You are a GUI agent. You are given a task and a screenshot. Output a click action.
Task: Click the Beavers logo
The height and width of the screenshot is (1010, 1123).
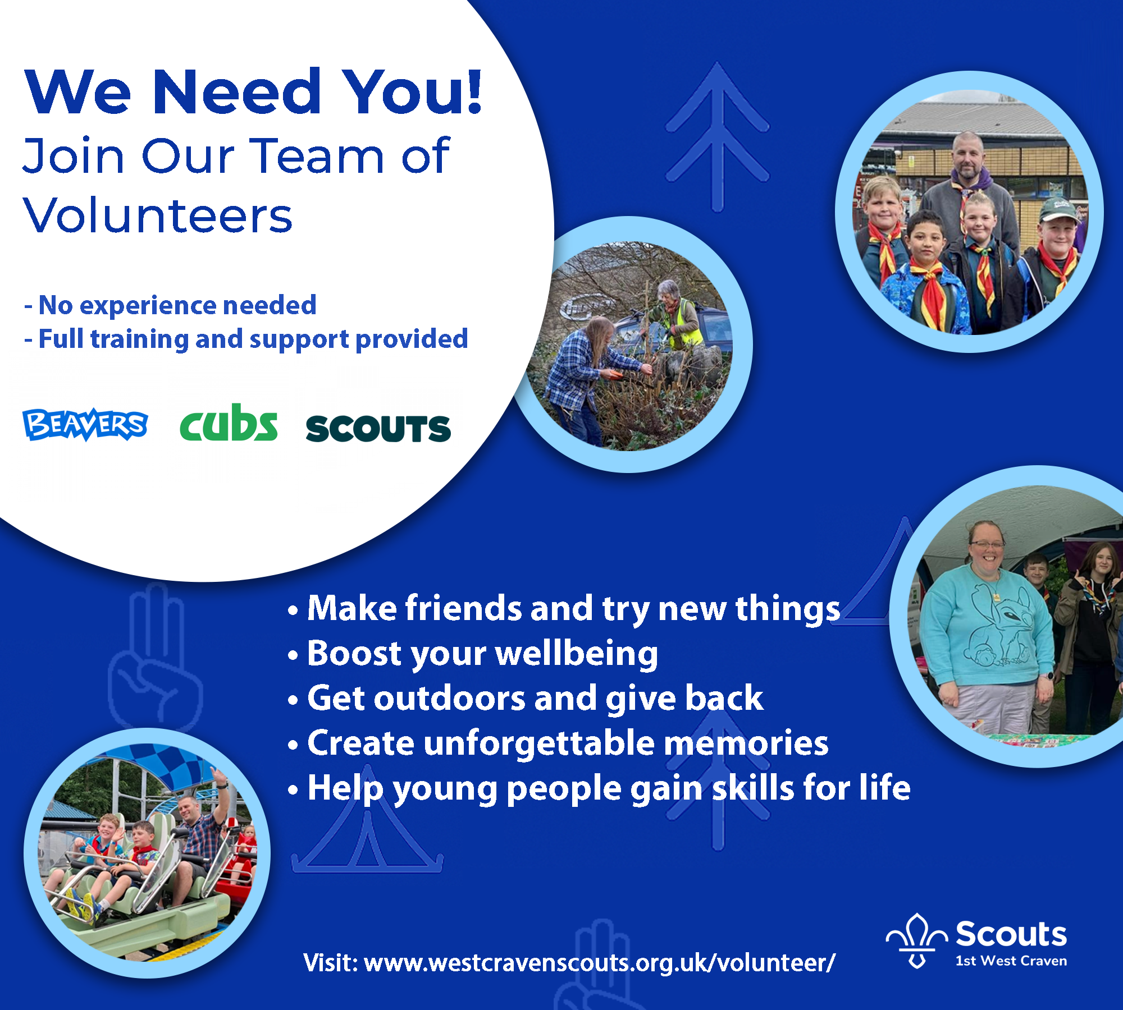click(x=85, y=424)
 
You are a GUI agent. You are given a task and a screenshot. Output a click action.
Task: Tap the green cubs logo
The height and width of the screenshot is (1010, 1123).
click(x=229, y=423)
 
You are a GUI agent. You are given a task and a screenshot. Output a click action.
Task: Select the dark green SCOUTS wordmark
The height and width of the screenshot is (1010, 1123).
click(x=378, y=429)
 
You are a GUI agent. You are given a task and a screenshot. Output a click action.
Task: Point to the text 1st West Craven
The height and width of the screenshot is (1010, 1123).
click(x=1011, y=961)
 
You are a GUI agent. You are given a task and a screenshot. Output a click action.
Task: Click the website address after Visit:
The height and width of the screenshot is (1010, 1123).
click(x=600, y=963)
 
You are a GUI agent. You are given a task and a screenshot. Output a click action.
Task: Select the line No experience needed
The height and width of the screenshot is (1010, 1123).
click(x=171, y=305)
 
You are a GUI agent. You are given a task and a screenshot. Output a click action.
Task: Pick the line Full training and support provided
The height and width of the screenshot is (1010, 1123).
click(x=246, y=339)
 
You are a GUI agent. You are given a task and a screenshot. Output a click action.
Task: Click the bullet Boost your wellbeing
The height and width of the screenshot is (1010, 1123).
click(x=473, y=654)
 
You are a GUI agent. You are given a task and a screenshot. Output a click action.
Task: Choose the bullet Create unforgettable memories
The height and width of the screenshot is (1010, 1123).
click(x=558, y=743)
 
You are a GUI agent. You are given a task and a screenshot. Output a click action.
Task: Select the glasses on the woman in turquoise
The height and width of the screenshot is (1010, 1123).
click(x=985, y=543)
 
